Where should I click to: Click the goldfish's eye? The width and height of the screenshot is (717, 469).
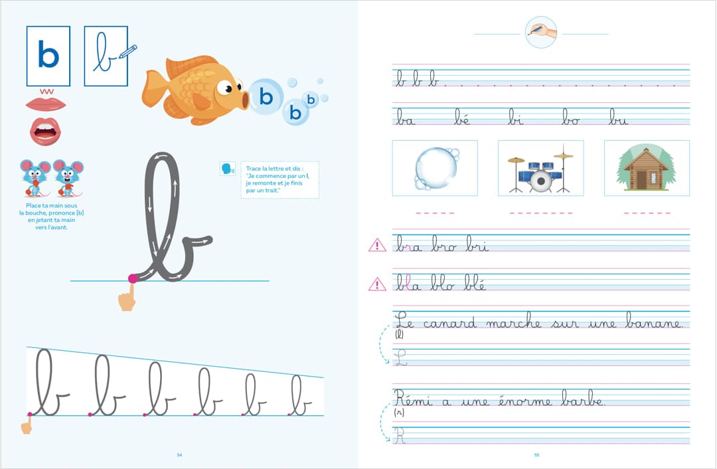click(225, 87)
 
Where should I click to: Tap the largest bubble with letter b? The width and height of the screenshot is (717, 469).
click(266, 96)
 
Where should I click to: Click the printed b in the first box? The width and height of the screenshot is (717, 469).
click(48, 55)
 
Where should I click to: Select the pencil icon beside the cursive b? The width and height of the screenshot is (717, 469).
click(128, 51)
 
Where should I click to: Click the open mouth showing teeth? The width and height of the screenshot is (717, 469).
click(45, 132)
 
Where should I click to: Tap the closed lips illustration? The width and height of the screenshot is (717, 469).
click(46, 104)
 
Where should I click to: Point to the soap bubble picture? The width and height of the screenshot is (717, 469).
click(436, 168)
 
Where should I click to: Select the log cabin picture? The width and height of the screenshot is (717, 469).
click(647, 168)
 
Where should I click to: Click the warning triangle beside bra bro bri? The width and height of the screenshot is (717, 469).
click(377, 245)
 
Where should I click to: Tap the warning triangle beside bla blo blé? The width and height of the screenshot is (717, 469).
click(377, 284)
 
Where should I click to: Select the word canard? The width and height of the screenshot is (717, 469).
click(450, 323)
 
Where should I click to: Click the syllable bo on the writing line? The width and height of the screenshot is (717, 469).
click(571, 117)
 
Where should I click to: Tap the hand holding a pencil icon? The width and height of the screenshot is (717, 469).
click(541, 32)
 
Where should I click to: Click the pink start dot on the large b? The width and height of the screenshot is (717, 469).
click(133, 278)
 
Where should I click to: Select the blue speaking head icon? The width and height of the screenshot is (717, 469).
click(227, 169)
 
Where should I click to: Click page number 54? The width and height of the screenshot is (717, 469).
click(179, 455)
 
